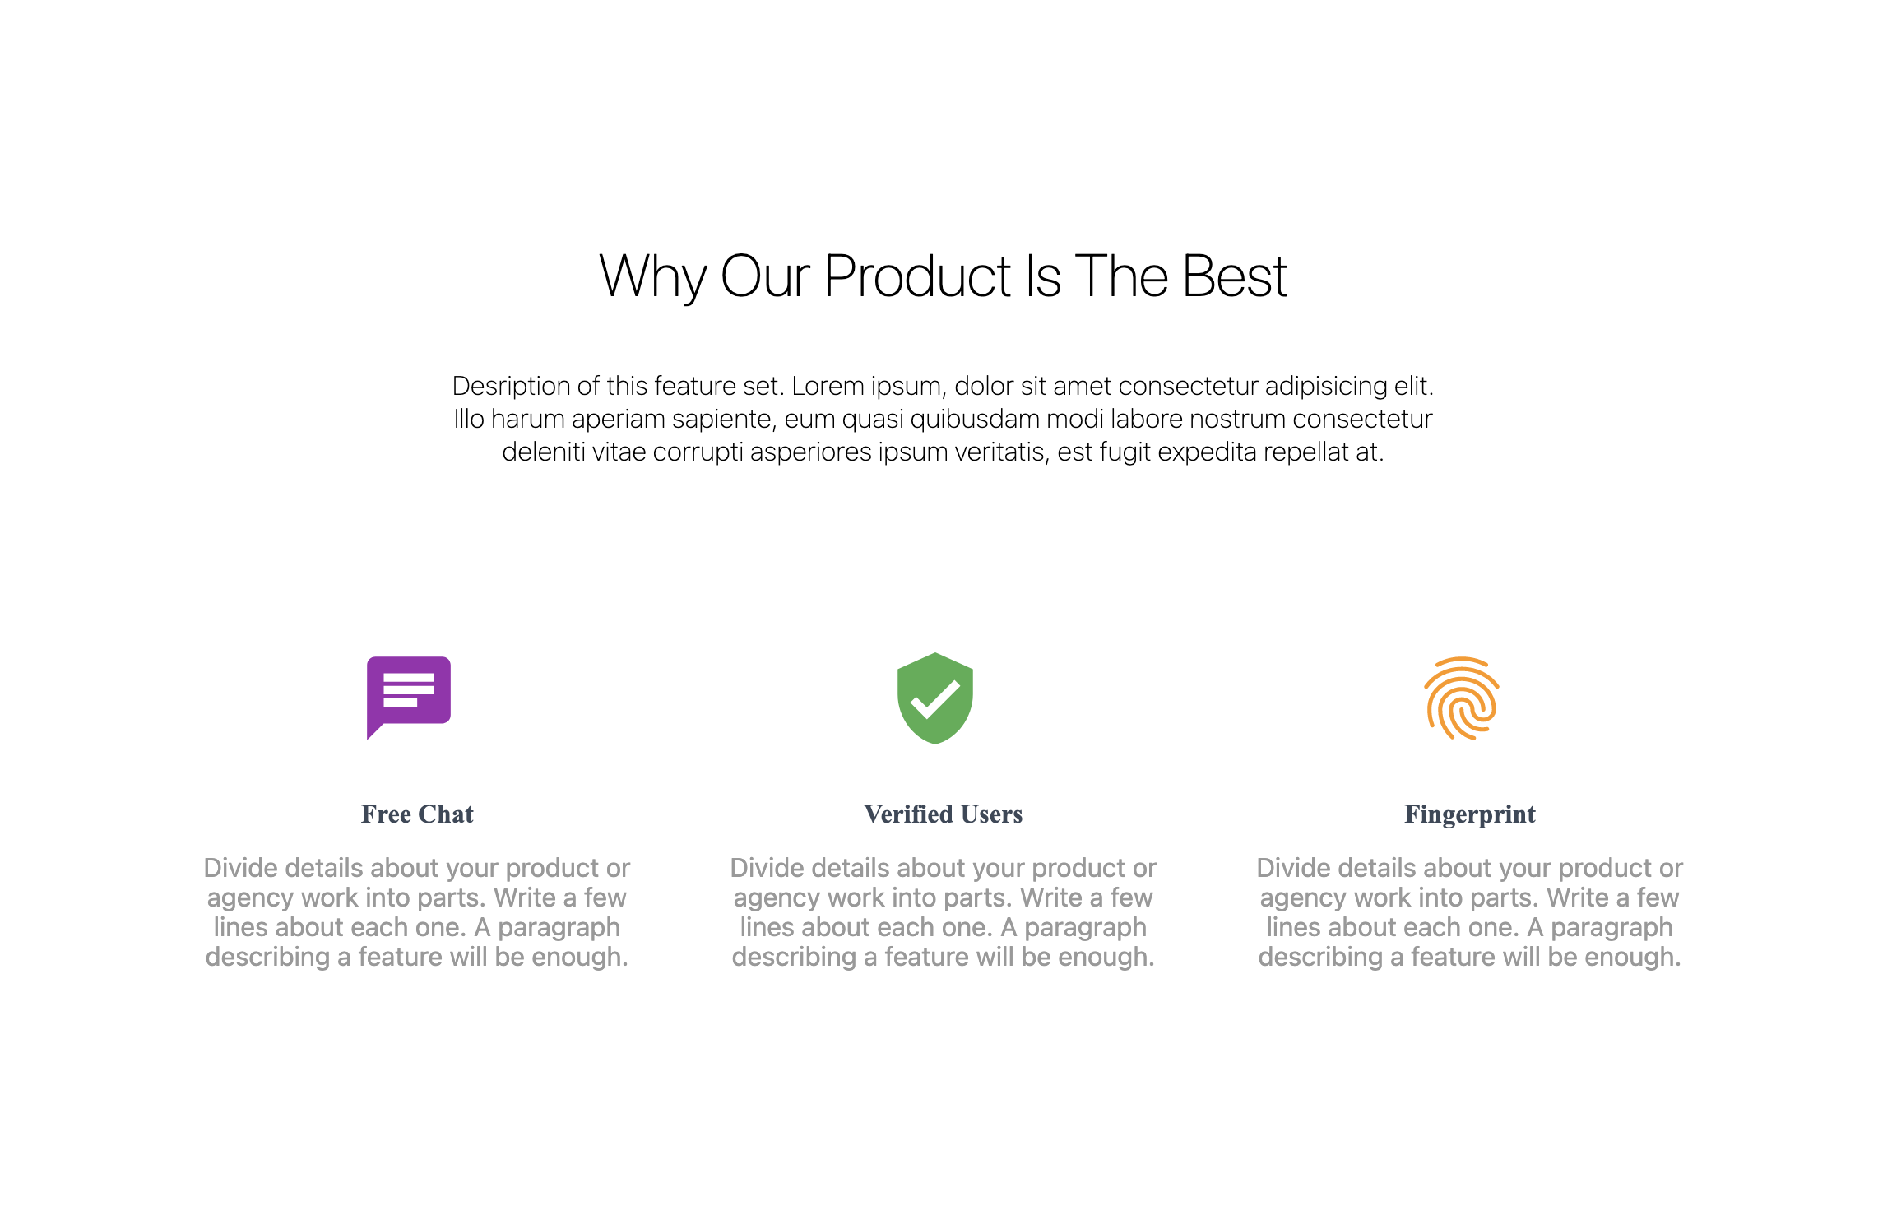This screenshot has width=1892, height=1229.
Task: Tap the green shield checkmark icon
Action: pos(934,698)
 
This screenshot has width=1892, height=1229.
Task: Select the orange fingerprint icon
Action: pos(1462,698)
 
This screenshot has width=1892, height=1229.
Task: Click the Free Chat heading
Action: pos(417,814)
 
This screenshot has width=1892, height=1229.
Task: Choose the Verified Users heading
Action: pos(944,814)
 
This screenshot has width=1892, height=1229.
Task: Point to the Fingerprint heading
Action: pos(1470,814)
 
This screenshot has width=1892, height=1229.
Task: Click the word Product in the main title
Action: pos(917,276)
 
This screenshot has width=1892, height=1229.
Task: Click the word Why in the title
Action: pos(653,277)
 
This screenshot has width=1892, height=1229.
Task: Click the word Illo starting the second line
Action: pos(469,419)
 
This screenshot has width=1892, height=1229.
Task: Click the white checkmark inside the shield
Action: pos(934,699)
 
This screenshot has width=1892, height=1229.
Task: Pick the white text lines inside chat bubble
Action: pos(408,689)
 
